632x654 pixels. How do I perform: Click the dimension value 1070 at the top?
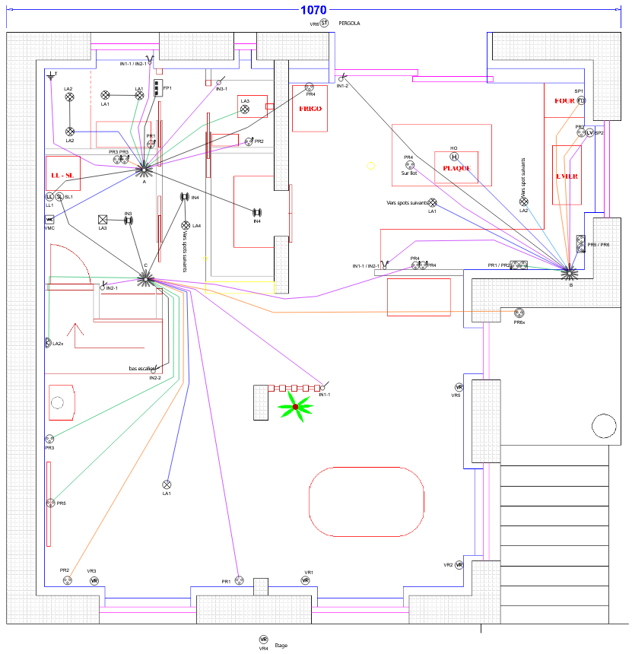pos(313,10)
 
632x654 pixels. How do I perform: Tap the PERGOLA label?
pos(350,24)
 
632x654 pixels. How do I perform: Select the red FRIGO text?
pos(310,109)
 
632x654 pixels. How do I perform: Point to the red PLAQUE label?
pos(456,167)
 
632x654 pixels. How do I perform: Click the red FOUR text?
pos(564,100)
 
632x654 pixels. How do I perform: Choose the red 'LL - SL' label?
pos(62,176)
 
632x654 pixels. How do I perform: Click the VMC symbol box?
pos(49,219)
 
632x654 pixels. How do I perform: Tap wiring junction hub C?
pos(145,279)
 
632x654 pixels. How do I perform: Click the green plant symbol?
pos(295,407)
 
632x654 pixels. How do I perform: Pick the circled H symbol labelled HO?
pos(454,157)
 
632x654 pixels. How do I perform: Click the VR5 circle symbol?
pos(459,387)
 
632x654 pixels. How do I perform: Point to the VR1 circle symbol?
pos(305,580)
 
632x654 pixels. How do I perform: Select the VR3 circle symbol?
pos(94,580)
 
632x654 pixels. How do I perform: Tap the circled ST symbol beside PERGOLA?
pos(324,24)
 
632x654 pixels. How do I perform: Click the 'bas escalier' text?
pos(145,370)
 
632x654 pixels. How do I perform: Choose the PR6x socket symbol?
pos(520,313)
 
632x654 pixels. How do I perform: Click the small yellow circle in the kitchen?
pos(371,165)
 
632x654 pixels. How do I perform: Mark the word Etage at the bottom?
pos(281,644)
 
